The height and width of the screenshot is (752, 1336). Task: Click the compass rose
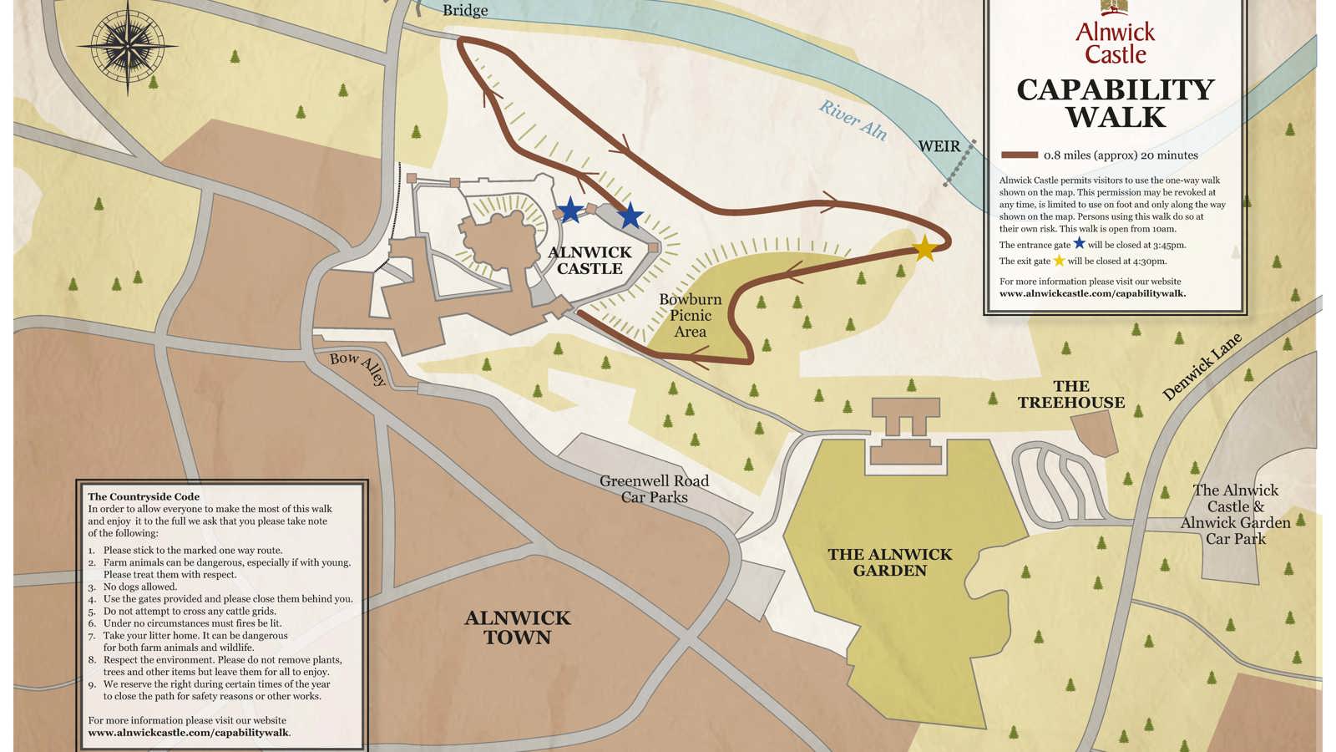coord(127,45)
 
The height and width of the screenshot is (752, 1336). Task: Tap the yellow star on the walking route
coord(924,248)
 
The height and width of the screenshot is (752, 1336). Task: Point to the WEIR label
coord(939,146)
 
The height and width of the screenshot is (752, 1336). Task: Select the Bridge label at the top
coord(465,10)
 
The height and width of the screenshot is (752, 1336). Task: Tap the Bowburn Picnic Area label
coord(690,315)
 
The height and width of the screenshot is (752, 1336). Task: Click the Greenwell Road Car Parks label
coord(654,489)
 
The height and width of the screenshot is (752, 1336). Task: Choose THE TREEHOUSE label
coord(1070,394)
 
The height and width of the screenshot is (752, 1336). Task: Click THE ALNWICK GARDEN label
coord(890,562)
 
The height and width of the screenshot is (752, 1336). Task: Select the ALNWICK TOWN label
coord(518,628)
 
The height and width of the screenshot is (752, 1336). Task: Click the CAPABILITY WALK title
coord(1115,103)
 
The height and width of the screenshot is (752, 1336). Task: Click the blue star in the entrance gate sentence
coord(1079,244)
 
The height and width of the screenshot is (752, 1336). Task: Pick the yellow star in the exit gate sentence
coord(1059,261)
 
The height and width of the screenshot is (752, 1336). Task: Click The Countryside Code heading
coord(144,496)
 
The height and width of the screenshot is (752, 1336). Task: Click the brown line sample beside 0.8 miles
coord(1019,155)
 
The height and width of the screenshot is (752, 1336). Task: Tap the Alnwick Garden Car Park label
coord(1235,515)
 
